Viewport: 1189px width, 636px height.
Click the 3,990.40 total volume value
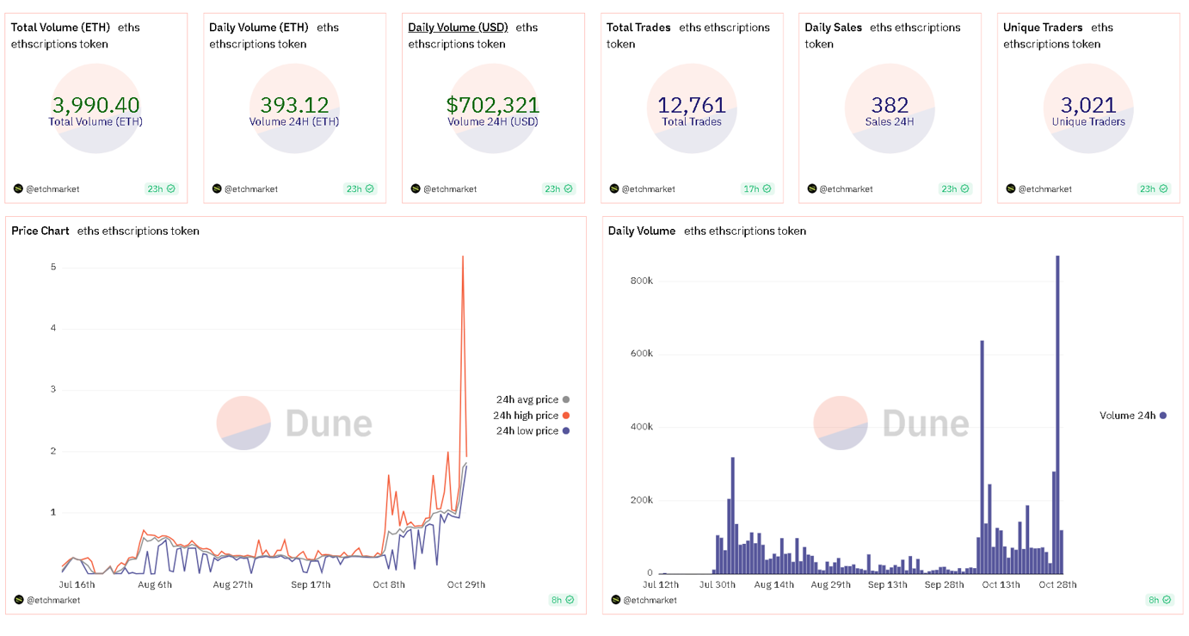[x=96, y=105]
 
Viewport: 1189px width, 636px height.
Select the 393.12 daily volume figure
[x=294, y=105]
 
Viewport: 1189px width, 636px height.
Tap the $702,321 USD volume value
[x=493, y=105]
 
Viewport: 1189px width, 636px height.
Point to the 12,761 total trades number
[x=692, y=105]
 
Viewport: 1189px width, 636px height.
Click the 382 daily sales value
[x=890, y=105]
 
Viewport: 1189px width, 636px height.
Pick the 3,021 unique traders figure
[x=1088, y=105]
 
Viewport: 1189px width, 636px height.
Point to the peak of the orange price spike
[x=463, y=256]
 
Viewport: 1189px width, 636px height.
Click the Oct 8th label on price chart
[x=389, y=585]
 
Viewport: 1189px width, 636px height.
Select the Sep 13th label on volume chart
[x=887, y=585]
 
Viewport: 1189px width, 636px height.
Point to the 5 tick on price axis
[x=53, y=267]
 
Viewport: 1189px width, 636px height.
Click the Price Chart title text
[x=40, y=231]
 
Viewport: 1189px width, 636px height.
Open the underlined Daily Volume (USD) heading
[x=458, y=28]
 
